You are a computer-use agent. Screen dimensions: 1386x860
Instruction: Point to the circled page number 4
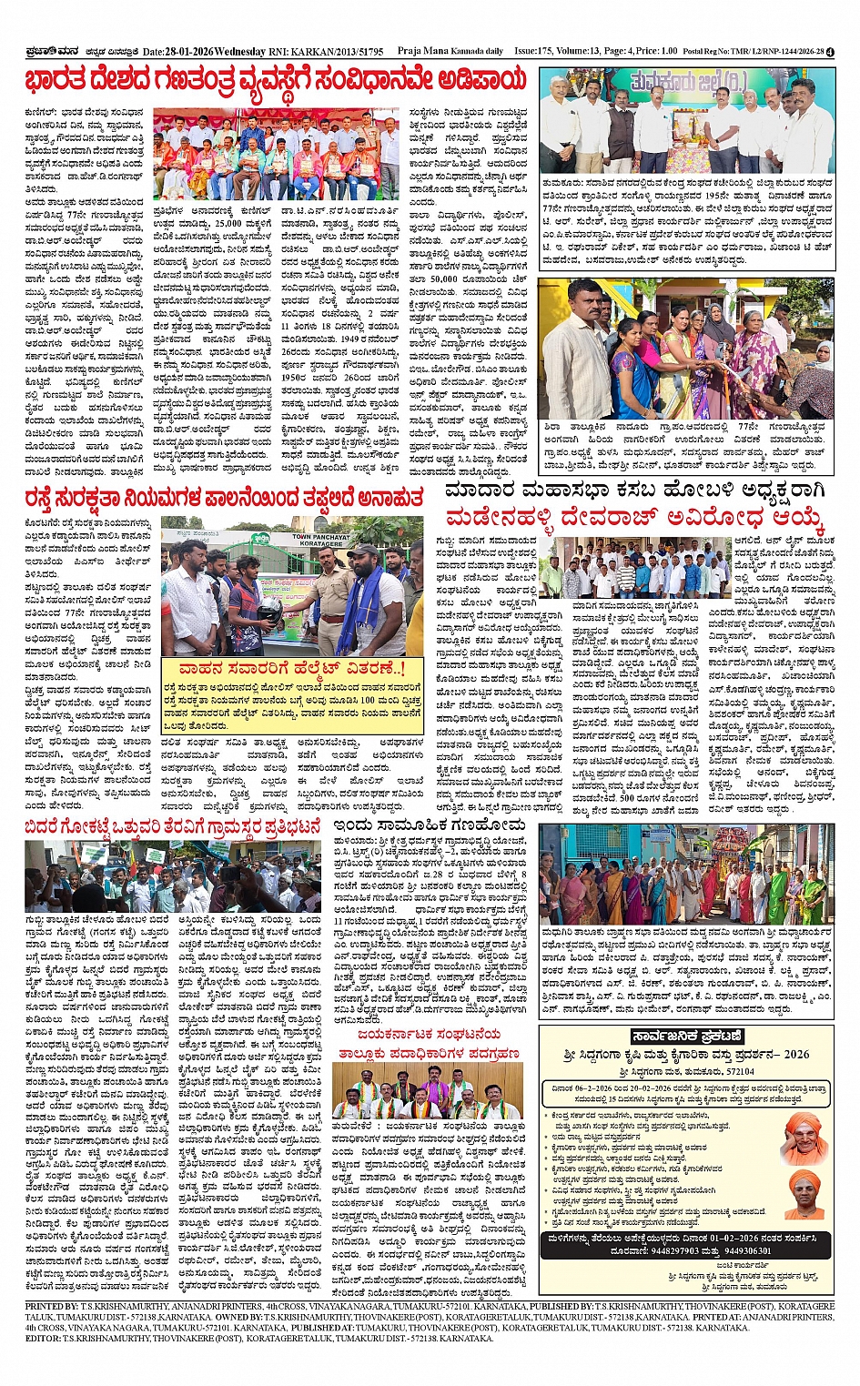click(x=830, y=52)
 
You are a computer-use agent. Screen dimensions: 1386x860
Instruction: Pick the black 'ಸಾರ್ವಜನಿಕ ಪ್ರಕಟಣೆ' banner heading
click(x=686, y=1037)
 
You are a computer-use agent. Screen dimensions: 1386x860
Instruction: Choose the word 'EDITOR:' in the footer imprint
click(x=42, y=1339)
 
